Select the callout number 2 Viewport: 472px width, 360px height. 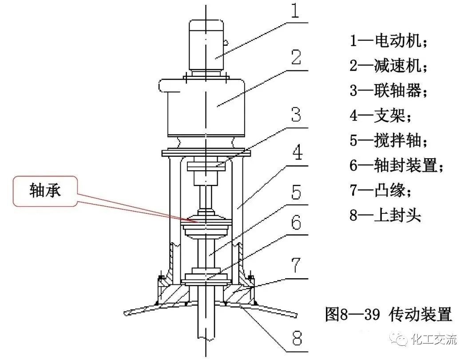pos(296,59)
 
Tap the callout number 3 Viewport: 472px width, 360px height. pos(296,114)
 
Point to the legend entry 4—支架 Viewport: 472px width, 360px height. pos(380,116)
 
